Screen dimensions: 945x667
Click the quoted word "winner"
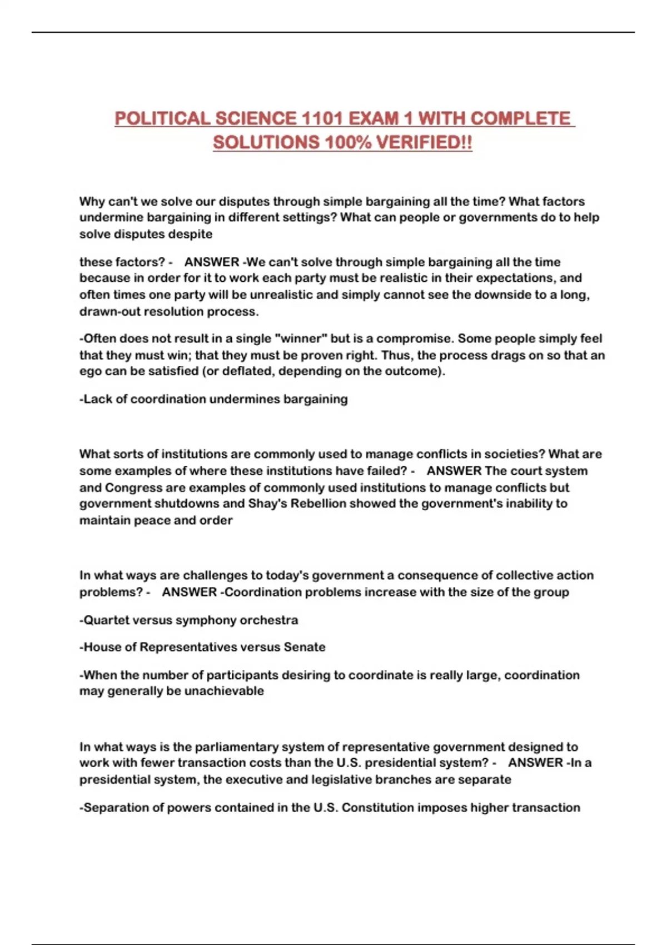(x=294, y=339)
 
